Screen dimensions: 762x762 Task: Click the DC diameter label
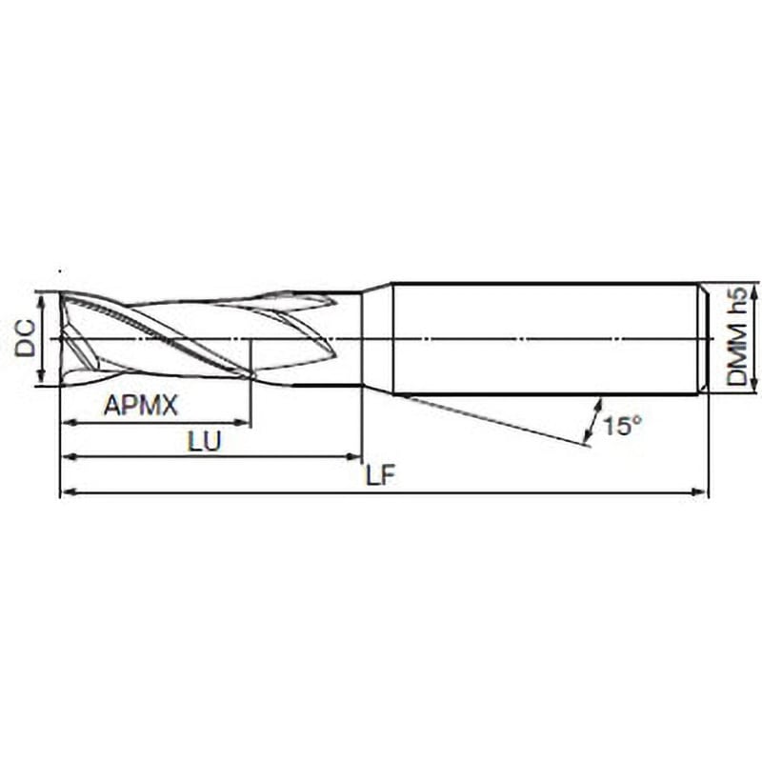[x=26, y=339]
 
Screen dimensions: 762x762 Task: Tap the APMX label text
[x=141, y=405]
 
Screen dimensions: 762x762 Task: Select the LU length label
[x=205, y=441]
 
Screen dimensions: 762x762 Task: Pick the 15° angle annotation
[x=623, y=426]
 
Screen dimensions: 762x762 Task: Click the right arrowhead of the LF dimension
[x=699, y=492]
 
